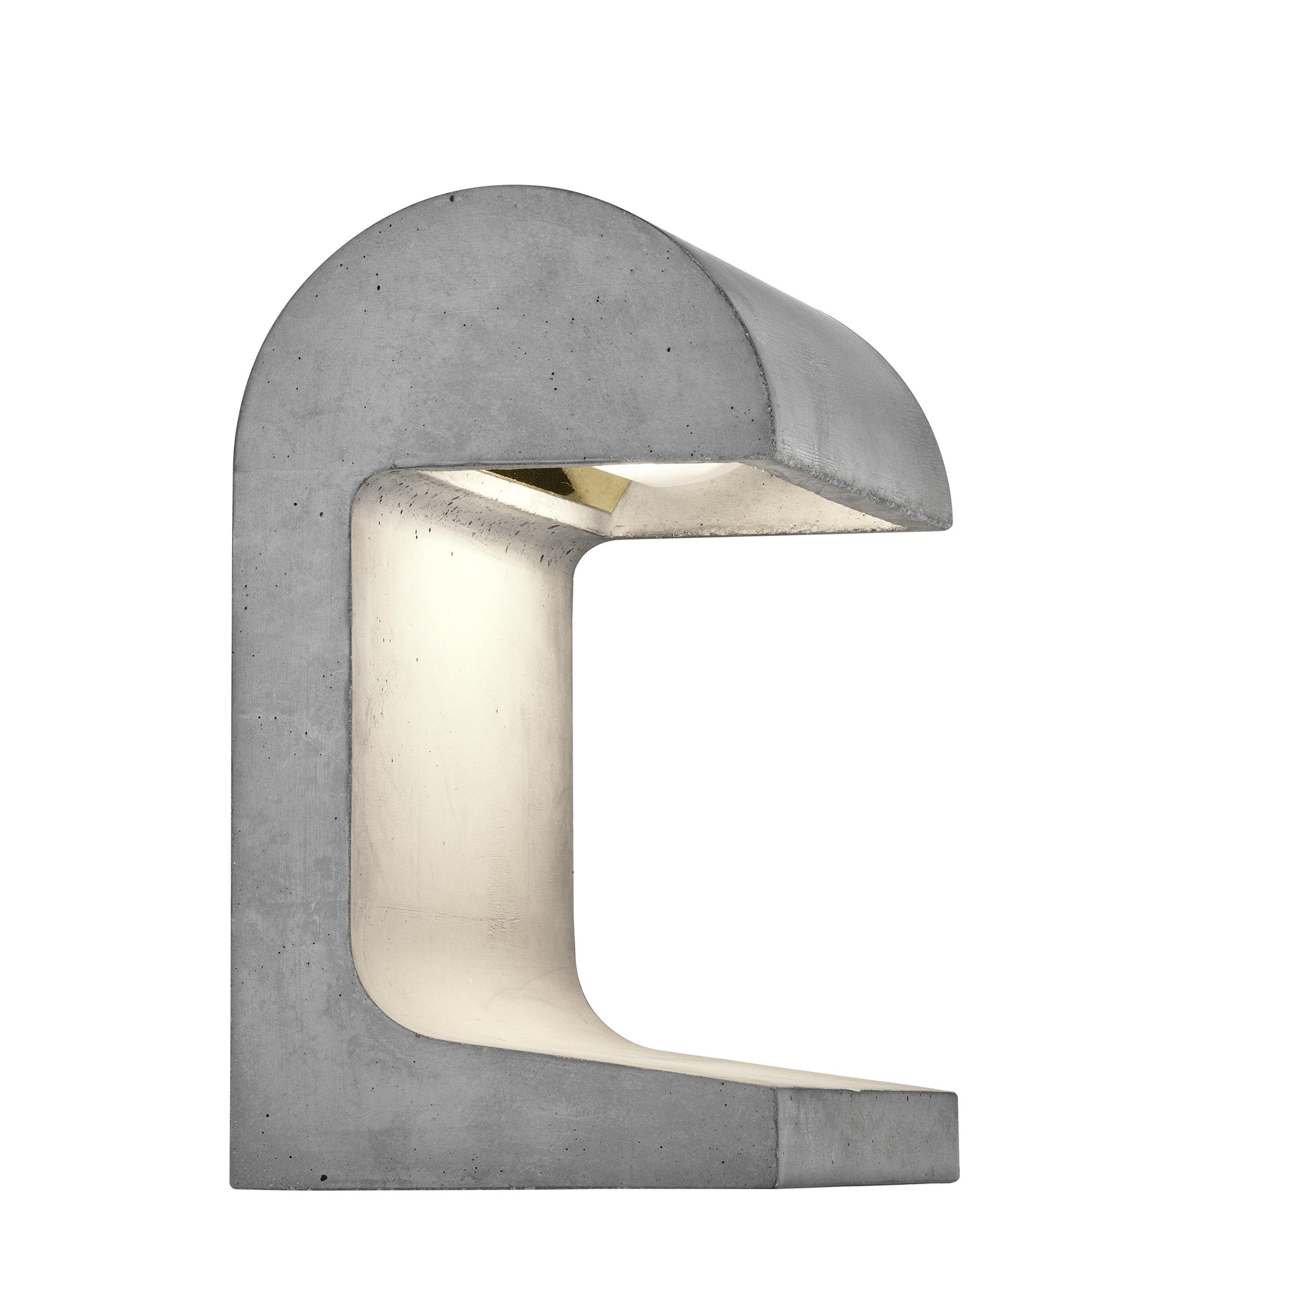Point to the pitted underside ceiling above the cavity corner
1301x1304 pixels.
click(486, 513)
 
